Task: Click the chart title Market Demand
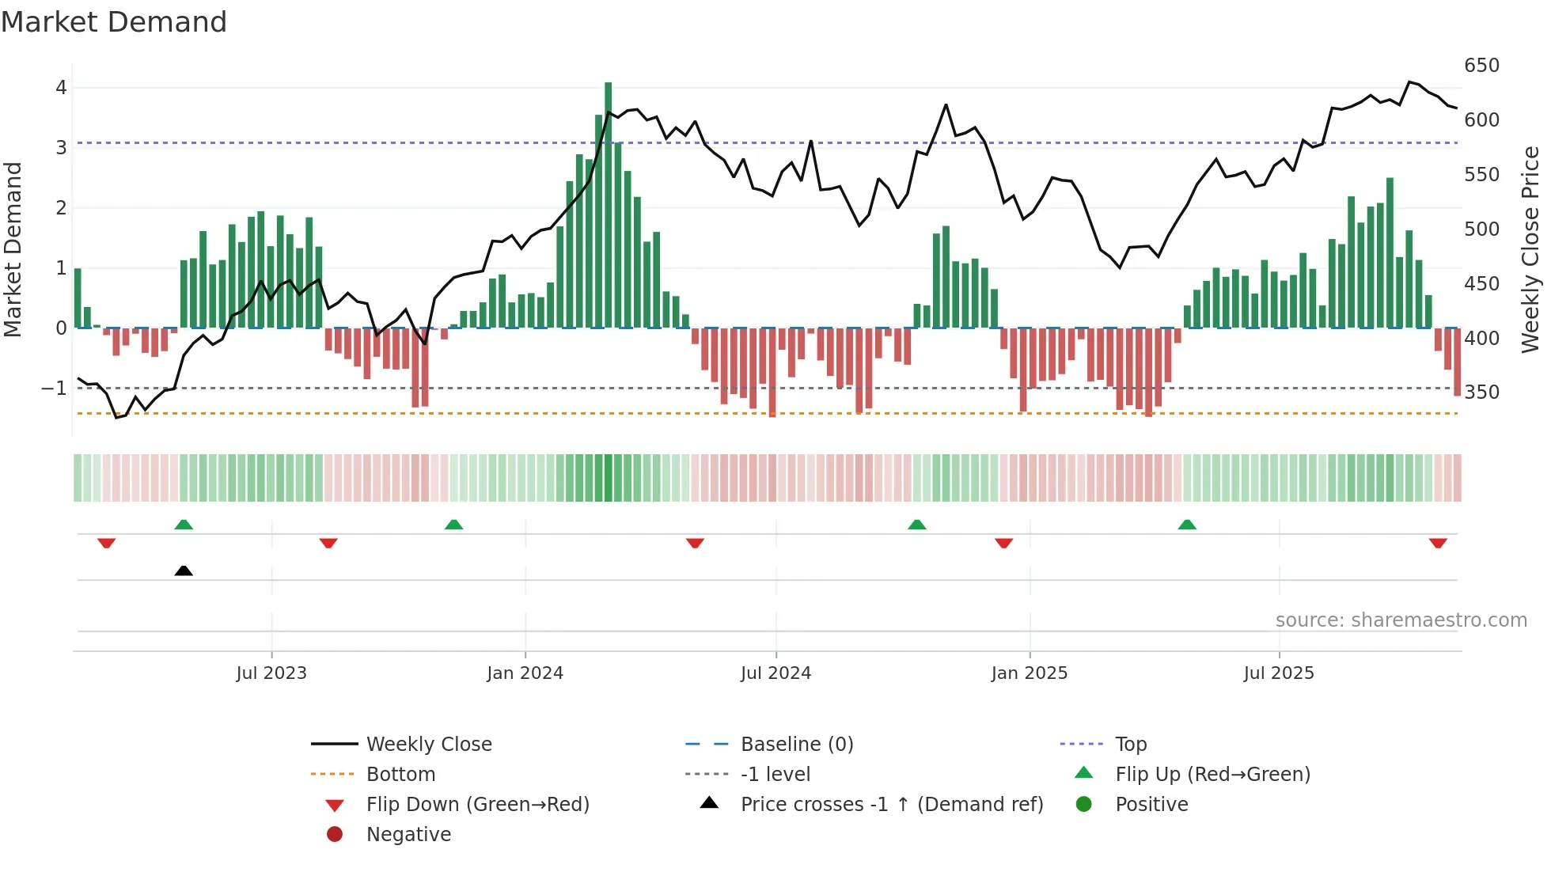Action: point(114,22)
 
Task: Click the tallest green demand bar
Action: point(608,206)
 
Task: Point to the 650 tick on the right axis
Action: point(1481,66)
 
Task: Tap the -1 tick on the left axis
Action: point(54,388)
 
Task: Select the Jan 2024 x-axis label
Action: point(525,673)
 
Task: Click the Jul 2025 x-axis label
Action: point(1278,673)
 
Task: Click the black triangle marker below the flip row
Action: point(184,571)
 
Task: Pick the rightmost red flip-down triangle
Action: point(1438,543)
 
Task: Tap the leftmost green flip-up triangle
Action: point(184,525)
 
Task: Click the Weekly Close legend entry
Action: point(428,745)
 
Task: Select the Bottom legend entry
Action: point(400,775)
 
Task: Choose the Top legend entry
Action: point(1130,745)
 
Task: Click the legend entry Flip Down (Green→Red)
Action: point(477,805)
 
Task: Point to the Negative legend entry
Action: point(408,835)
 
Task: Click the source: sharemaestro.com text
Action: point(1401,620)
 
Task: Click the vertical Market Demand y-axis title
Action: point(13,249)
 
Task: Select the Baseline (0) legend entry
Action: point(796,745)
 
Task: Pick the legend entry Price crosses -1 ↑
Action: point(891,805)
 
